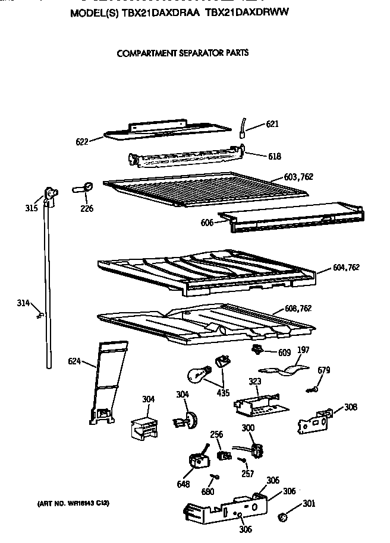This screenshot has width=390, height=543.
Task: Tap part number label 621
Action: tap(272, 124)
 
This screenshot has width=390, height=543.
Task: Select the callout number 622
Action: tap(82, 142)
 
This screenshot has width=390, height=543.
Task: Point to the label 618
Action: tap(274, 157)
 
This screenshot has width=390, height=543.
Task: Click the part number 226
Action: tap(87, 208)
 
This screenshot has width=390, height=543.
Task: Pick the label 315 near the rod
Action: tap(32, 208)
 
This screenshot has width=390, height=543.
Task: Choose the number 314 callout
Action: tap(23, 304)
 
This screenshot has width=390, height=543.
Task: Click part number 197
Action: tap(303, 350)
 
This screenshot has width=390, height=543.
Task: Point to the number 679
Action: tap(323, 370)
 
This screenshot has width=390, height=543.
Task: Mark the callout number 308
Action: tap(351, 408)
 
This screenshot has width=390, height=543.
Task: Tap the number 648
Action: tap(183, 485)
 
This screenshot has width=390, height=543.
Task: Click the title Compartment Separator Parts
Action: tap(183, 53)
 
